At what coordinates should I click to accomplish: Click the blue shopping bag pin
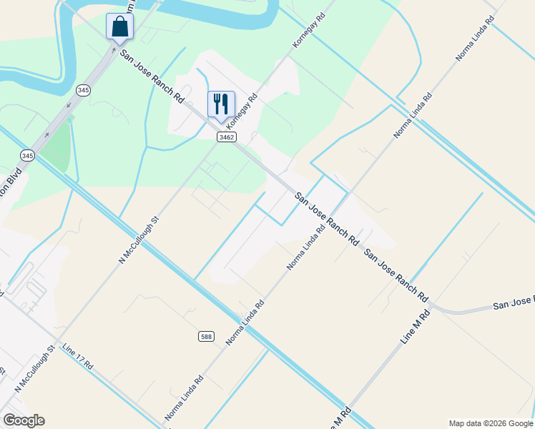[x=119, y=28]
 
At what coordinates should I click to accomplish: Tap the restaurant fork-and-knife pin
[x=221, y=104]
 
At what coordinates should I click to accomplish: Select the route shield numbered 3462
[x=227, y=137]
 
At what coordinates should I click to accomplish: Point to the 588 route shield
[x=206, y=336]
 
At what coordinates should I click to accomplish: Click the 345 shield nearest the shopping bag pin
[x=84, y=89]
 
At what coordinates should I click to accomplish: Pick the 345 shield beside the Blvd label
[x=27, y=155]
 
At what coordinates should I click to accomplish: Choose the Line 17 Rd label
[x=77, y=356]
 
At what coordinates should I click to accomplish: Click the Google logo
[x=24, y=420]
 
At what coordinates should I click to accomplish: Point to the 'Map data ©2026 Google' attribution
[x=491, y=423]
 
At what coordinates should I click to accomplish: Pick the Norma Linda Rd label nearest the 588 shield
[x=245, y=322]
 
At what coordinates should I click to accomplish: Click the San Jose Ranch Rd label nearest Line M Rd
[x=396, y=275]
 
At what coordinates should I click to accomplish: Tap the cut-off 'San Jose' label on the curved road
[x=514, y=305]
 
